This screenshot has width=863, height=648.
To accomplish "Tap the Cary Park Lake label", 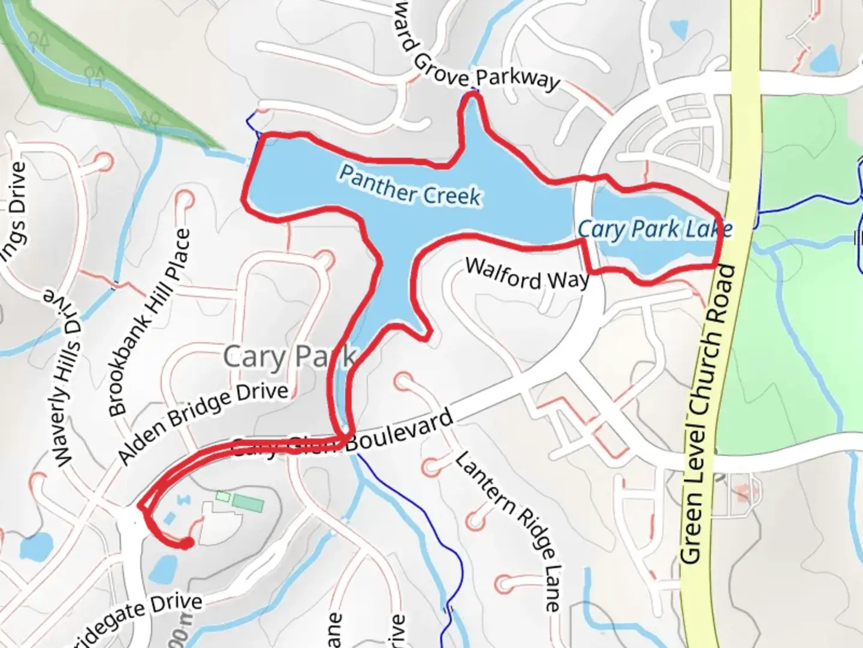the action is (x=654, y=229).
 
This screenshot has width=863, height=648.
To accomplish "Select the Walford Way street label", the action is (x=527, y=275).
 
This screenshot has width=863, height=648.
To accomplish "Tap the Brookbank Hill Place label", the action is (x=151, y=323).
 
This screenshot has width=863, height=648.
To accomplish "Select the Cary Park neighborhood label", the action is (x=289, y=357).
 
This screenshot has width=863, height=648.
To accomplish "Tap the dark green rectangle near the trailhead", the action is (x=248, y=503).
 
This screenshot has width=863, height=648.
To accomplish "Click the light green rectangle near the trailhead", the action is (x=222, y=496).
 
